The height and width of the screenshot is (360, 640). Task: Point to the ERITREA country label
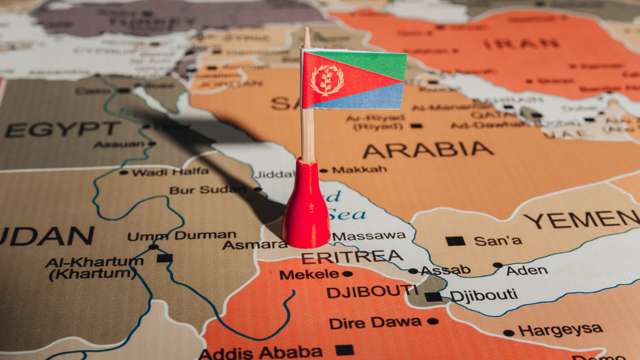tap(352, 257)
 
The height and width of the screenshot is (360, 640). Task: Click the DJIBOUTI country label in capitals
tap(372, 292)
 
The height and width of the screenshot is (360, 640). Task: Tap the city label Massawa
tap(369, 236)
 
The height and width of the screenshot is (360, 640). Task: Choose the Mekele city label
tap(309, 275)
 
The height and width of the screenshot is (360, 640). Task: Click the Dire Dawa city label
tap(375, 323)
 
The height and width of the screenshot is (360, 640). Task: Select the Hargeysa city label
tap(561, 330)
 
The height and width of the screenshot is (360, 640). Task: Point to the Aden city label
tap(527, 270)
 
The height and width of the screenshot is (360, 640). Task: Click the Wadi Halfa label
tap(170, 172)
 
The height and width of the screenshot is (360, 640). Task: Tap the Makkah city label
tap(359, 170)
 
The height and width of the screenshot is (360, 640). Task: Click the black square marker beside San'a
tap(455, 241)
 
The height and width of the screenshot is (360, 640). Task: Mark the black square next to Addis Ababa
tap(344, 350)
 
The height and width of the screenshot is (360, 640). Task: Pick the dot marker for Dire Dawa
tap(433, 321)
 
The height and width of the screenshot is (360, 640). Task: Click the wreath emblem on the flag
tap(327, 80)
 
